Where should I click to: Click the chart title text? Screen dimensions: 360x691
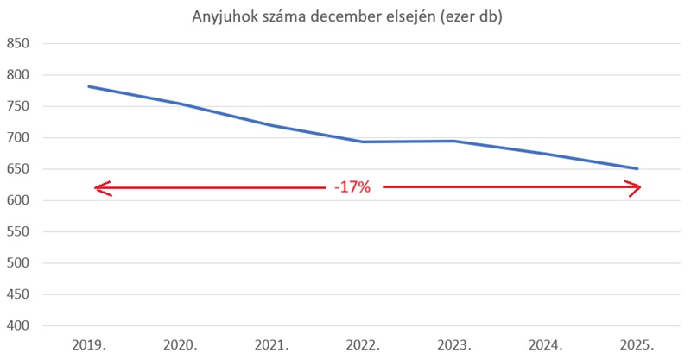[345, 16]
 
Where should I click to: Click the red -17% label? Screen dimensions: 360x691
[352, 187]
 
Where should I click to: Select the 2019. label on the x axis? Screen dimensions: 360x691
[89, 344]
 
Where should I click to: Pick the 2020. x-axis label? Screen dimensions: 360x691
[181, 344]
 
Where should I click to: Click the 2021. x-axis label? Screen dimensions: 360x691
[272, 344]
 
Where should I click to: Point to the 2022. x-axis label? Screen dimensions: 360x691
[363, 344]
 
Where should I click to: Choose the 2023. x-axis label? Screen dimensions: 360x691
[454, 344]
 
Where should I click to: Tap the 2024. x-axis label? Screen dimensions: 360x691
[546, 344]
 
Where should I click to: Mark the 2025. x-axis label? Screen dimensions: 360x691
[637, 344]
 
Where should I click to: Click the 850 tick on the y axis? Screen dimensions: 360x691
[18, 44]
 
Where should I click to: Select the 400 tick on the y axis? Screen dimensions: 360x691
[18, 326]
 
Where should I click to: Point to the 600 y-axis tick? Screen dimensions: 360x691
[18, 201]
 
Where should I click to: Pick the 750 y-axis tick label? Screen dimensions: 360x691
[18, 107]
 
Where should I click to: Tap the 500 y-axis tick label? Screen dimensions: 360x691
[18, 263]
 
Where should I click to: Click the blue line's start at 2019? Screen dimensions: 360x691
[89, 86]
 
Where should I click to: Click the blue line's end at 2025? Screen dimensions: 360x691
[637, 168]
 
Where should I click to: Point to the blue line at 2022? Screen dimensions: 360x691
[363, 142]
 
